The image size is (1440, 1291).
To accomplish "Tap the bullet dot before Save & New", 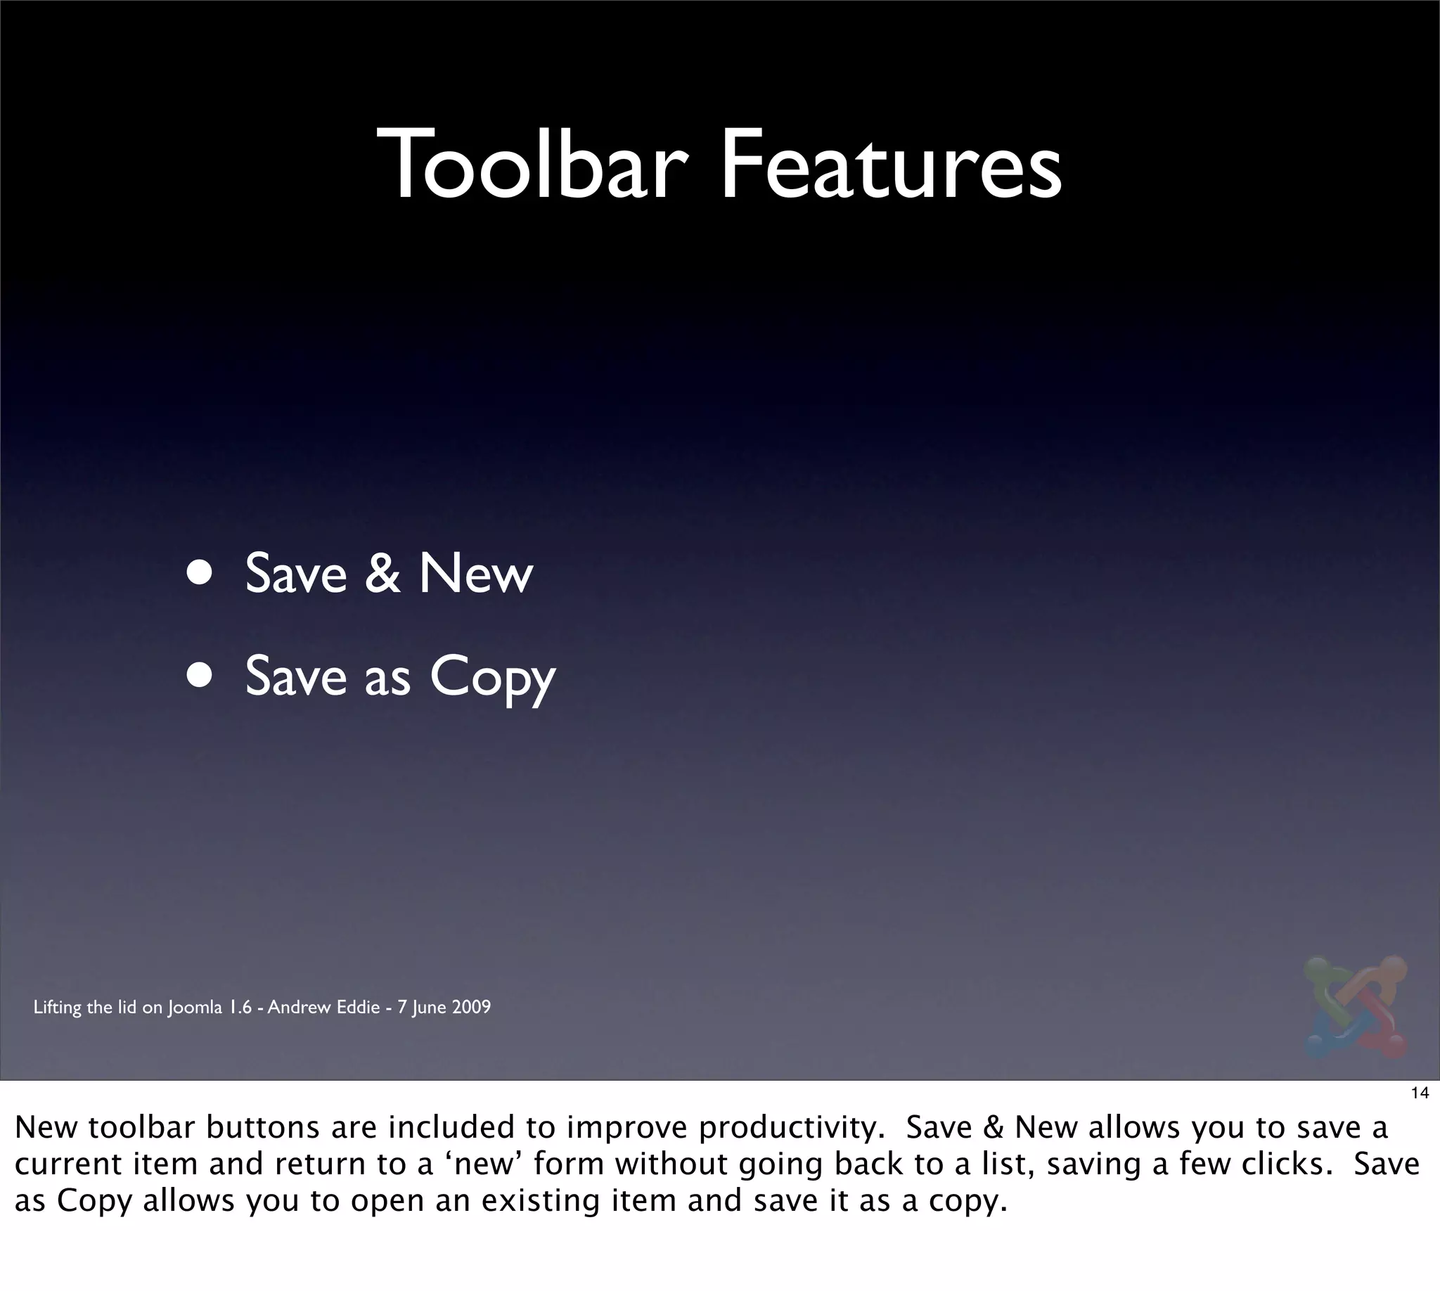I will click(x=200, y=573).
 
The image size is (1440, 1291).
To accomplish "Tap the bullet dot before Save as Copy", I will click(x=200, y=676).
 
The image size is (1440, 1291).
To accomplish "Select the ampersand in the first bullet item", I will click(x=383, y=573).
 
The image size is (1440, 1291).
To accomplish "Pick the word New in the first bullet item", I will click(x=475, y=573).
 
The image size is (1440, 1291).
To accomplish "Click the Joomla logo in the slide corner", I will click(x=1355, y=1007).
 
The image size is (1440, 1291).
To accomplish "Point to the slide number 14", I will click(x=1420, y=1093).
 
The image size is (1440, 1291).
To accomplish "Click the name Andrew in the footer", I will click(x=296, y=1007).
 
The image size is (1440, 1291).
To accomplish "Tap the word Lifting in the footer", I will click(x=58, y=1007).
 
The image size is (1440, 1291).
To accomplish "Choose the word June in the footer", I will click(x=427, y=1007).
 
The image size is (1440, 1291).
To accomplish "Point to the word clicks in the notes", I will click(x=1285, y=1164).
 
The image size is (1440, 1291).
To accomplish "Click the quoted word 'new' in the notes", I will click(x=483, y=1164).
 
